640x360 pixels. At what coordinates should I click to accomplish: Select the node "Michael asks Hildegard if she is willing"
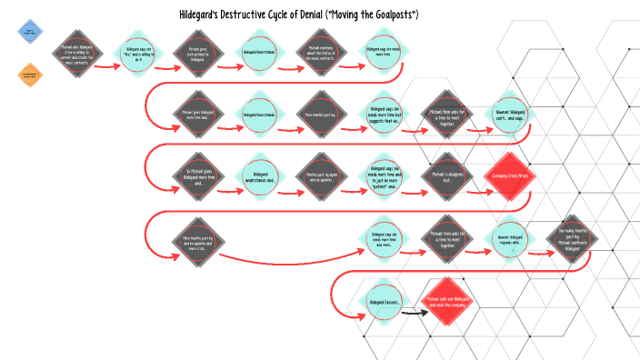click(76, 54)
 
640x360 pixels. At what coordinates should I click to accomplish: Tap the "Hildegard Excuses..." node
click(385, 302)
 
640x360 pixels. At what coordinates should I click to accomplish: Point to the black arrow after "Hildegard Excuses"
click(415, 313)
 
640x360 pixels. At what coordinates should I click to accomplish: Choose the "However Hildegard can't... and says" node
click(510, 116)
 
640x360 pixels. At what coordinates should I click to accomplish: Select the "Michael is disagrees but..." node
click(447, 175)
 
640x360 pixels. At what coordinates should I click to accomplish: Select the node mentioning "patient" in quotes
click(385, 175)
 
